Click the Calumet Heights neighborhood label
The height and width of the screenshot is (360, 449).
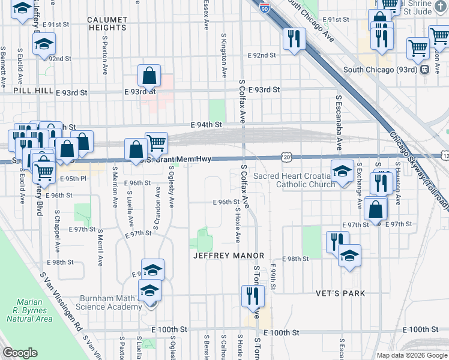click(x=107, y=23)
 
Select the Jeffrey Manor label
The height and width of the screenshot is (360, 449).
click(x=228, y=256)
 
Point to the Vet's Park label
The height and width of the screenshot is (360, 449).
click(x=340, y=293)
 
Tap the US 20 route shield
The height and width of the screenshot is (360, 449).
click(x=287, y=157)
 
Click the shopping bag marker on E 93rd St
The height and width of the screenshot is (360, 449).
click(x=149, y=76)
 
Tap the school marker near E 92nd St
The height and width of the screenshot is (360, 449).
click(x=44, y=44)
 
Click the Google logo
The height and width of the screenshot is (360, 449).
click(x=20, y=353)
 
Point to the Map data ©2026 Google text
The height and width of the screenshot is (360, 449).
click(x=411, y=355)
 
